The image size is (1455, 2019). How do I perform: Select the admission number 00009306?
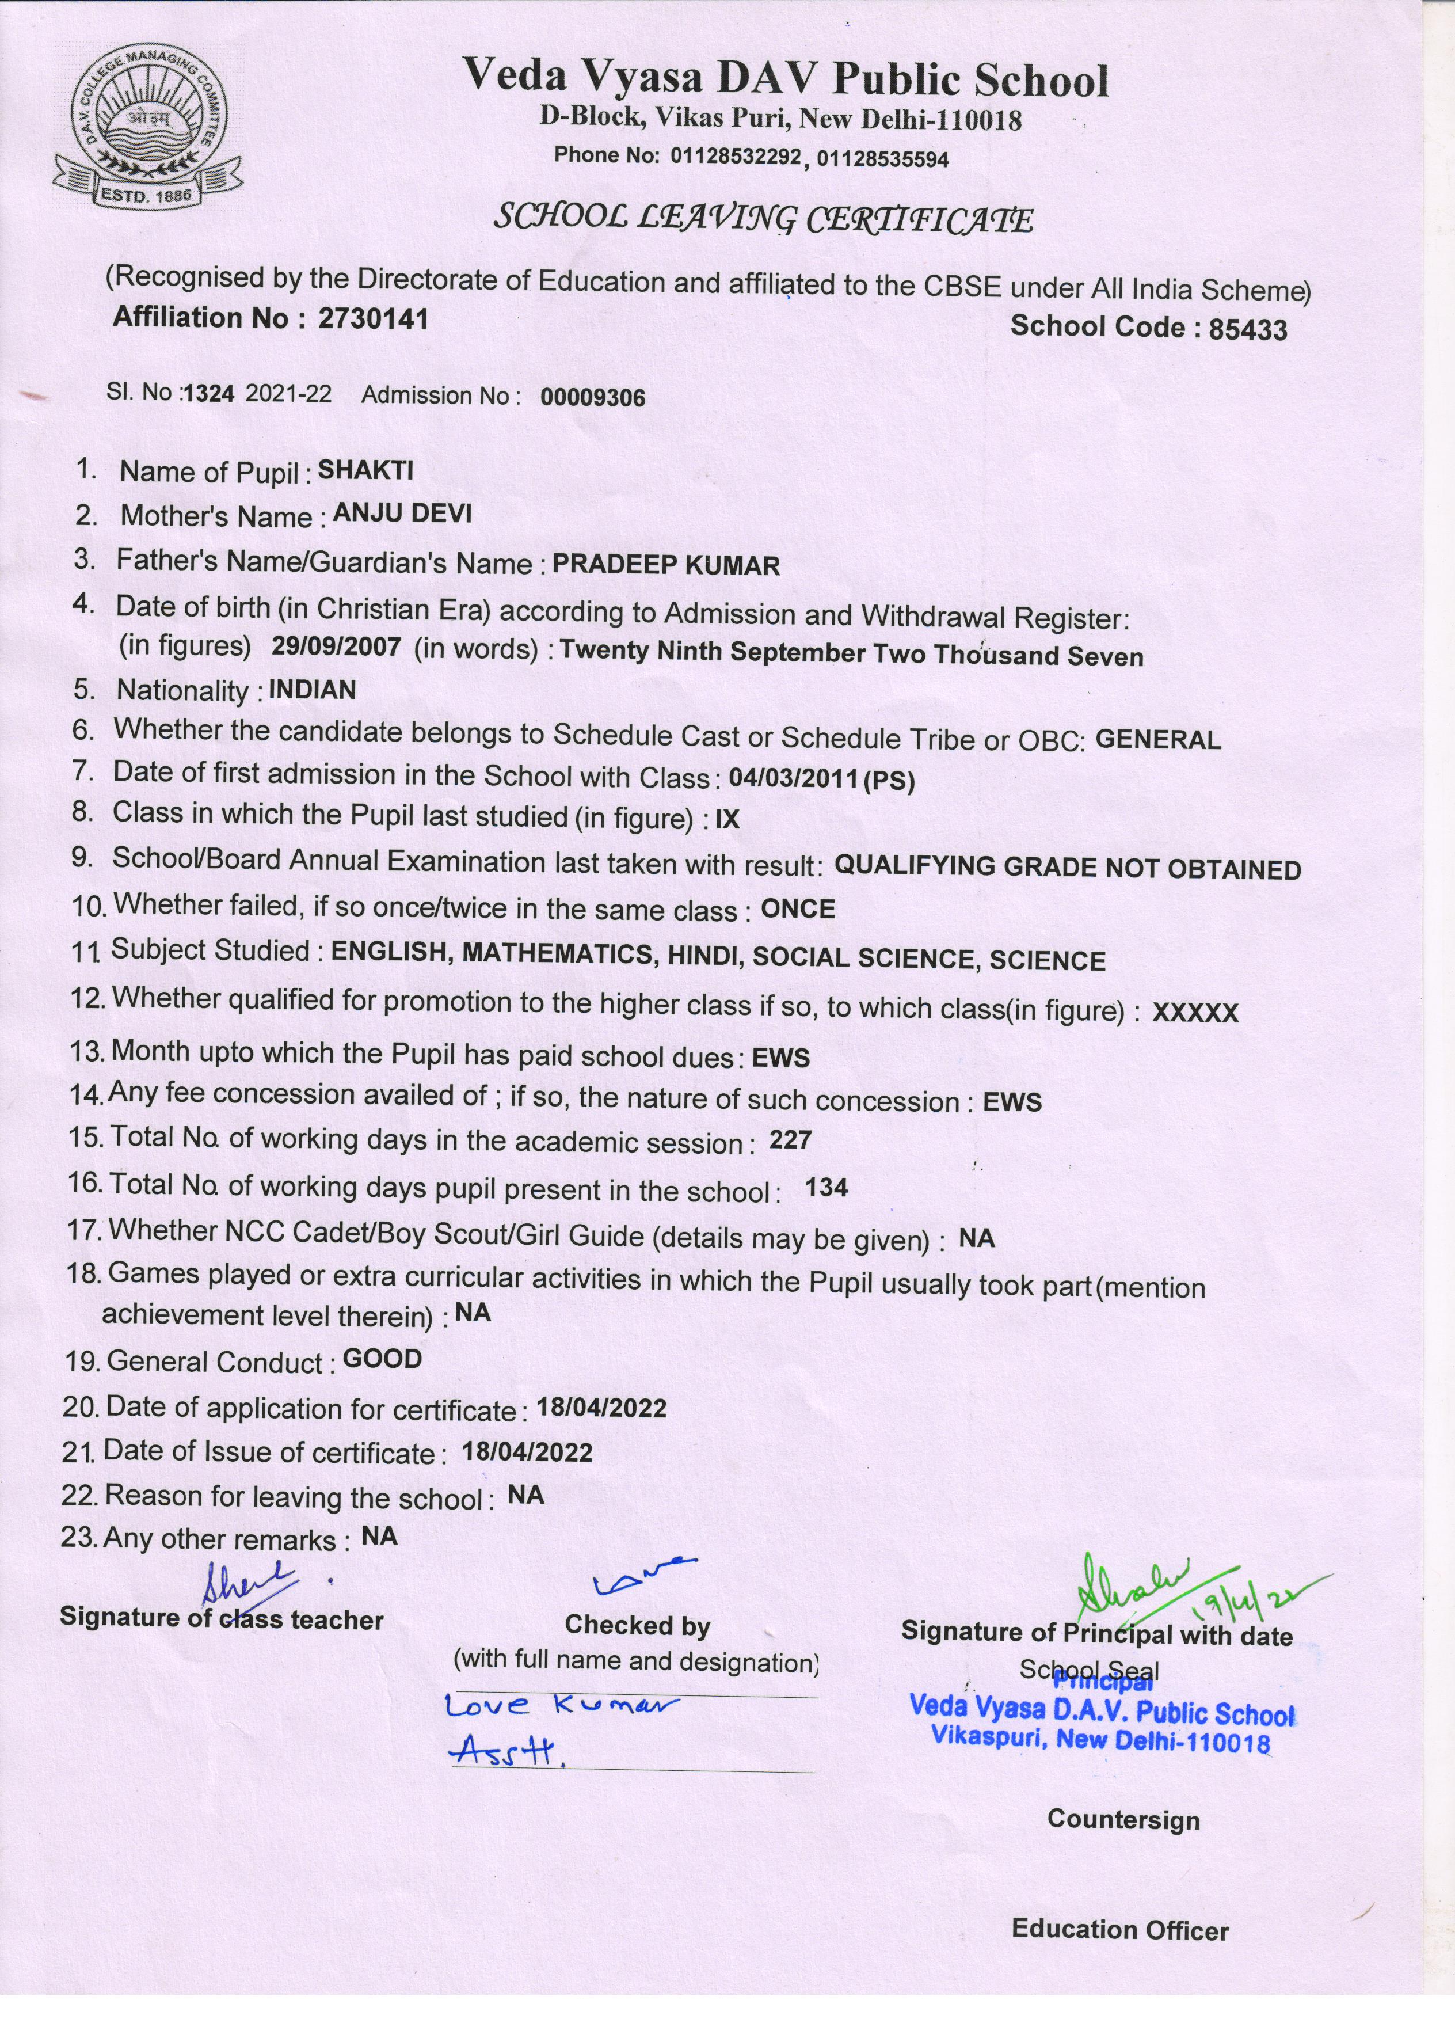[x=593, y=397]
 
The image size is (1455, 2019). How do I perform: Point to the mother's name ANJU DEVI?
[x=401, y=514]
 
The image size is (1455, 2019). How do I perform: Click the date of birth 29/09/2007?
[x=336, y=647]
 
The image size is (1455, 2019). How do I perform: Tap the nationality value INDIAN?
[x=311, y=690]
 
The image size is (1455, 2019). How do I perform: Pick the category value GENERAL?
[x=1158, y=740]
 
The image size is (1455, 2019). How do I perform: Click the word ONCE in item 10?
[x=797, y=910]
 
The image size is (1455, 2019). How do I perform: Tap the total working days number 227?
[x=790, y=1140]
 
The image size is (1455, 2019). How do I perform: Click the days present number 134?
[x=826, y=1188]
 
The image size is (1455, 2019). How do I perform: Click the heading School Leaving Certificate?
[x=764, y=218]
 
